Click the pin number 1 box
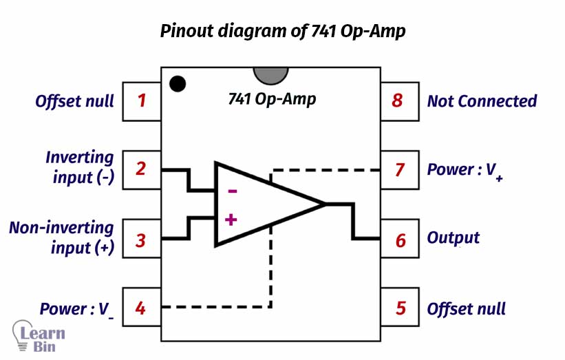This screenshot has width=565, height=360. [x=141, y=101]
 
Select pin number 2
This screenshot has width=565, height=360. [x=141, y=169]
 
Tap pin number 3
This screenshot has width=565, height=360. [x=141, y=240]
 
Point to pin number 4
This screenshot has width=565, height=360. [x=141, y=308]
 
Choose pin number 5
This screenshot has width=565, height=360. [x=401, y=308]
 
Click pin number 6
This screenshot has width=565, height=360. [x=401, y=240]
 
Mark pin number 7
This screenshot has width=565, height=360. [x=401, y=169]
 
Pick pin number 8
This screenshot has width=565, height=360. [x=397, y=101]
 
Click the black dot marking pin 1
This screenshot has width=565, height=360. [x=178, y=84]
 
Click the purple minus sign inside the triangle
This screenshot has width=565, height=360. [x=232, y=191]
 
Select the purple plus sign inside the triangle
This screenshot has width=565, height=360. [x=231, y=220]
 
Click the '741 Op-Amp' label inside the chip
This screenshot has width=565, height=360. [x=272, y=99]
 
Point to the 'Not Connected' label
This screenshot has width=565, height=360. [x=482, y=101]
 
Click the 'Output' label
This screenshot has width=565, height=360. [x=454, y=238]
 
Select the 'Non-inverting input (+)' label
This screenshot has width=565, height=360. [x=62, y=237]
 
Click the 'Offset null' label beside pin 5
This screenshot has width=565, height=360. [x=467, y=308]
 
